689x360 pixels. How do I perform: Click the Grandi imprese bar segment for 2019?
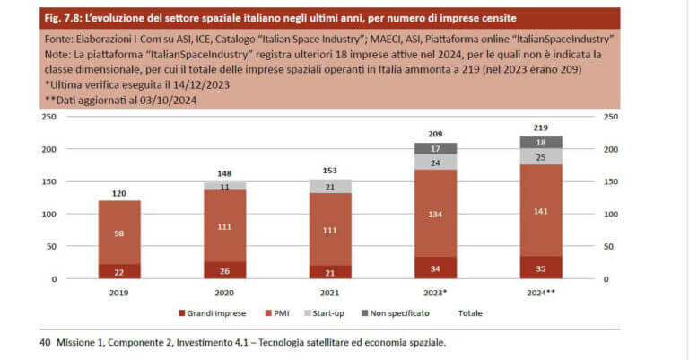click(x=118, y=271)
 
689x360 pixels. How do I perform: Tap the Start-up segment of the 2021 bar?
click(x=329, y=186)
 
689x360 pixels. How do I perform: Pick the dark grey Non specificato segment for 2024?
click(x=540, y=142)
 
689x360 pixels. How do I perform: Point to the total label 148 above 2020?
click(x=224, y=173)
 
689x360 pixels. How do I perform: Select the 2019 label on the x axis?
click(x=118, y=291)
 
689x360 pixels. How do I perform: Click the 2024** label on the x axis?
click(x=540, y=291)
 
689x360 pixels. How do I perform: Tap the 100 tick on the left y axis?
click(x=50, y=214)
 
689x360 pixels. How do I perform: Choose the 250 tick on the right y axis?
click(x=612, y=117)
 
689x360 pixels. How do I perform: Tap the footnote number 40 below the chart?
click(x=45, y=342)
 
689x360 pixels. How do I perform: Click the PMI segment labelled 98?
click(x=118, y=233)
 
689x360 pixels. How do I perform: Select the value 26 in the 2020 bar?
click(x=224, y=270)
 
